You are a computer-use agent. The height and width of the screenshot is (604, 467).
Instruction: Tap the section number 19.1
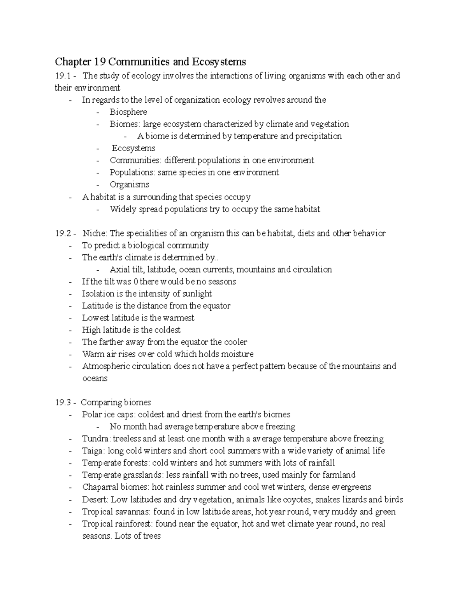pyautogui.click(x=62, y=76)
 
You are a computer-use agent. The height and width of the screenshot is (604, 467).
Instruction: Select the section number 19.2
pyautogui.click(x=62, y=233)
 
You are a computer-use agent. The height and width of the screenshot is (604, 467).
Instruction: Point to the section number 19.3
pyautogui.click(x=62, y=403)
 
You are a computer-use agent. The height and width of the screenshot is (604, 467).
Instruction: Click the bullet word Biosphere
pyautogui.click(x=128, y=112)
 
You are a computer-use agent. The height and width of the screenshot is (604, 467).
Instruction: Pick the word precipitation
pyautogui.click(x=318, y=136)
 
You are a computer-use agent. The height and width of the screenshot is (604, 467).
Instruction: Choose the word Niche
pyautogui.click(x=94, y=233)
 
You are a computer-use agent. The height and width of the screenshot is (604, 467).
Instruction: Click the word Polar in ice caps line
pyautogui.click(x=91, y=415)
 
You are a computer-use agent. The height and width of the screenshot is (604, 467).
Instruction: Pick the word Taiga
pyautogui.click(x=93, y=451)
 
